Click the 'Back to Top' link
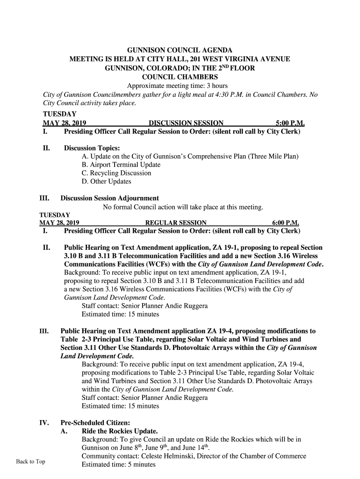(30, 462)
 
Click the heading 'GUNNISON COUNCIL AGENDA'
(180, 50)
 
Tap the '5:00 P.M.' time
(290, 123)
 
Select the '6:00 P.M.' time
(286, 223)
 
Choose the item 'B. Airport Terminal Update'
(121, 165)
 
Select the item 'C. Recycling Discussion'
(116, 173)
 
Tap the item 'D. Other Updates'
(106, 181)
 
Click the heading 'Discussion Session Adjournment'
(109, 198)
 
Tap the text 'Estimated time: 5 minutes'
(118, 464)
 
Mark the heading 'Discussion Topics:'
(88, 148)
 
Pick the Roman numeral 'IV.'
(44, 423)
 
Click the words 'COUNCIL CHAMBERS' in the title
(180, 77)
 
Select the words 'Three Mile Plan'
(273, 156)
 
